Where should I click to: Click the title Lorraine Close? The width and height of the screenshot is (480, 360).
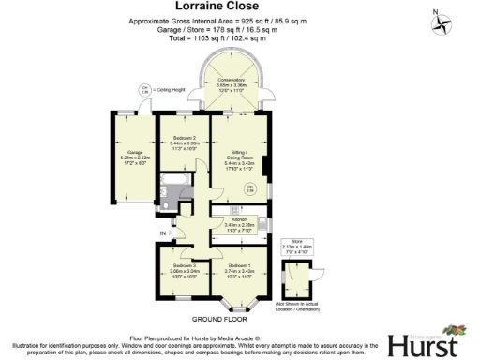click(239, 7)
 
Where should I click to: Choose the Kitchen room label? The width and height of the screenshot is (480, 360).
click(239, 222)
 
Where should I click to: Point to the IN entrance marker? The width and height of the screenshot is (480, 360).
click(163, 232)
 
